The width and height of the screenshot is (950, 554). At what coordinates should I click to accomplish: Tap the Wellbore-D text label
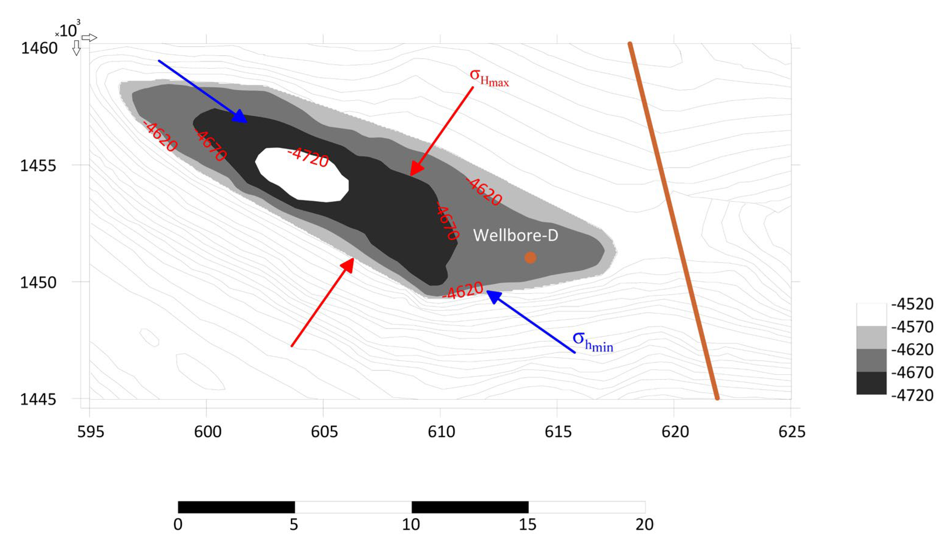pyautogui.click(x=515, y=235)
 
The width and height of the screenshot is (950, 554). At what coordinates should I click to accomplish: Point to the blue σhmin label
pyautogui.click(x=593, y=341)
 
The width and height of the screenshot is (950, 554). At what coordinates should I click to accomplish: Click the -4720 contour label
pyautogui.click(x=308, y=157)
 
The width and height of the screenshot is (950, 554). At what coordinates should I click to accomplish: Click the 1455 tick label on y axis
pyautogui.click(x=38, y=166)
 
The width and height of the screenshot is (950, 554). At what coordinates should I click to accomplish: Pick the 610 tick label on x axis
pyautogui.click(x=441, y=431)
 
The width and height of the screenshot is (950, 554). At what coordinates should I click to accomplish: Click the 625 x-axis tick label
pyautogui.click(x=792, y=431)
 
